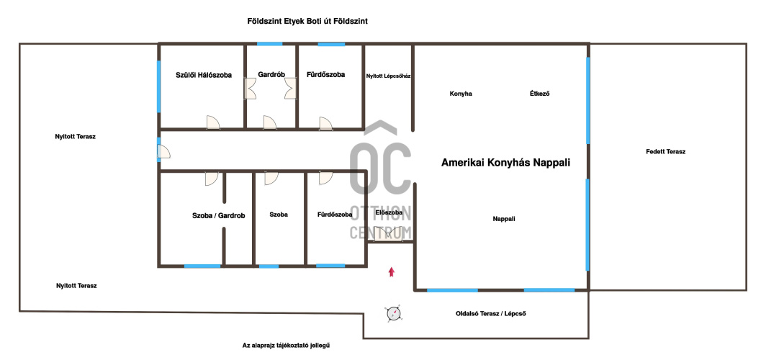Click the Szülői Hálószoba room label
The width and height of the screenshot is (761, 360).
[x=203, y=75]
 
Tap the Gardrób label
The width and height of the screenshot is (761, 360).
[x=271, y=75]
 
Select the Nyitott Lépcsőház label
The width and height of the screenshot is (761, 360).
[x=389, y=76]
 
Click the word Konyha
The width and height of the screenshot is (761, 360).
[x=461, y=94]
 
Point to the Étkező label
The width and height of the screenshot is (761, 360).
[x=539, y=94]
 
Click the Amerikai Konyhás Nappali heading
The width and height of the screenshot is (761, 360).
[x=505, y=163]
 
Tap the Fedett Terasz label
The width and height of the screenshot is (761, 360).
[x=665, y=151]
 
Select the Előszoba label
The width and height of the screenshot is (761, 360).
[x=389, y=212]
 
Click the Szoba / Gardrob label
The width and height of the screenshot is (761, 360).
[x=218, y=215]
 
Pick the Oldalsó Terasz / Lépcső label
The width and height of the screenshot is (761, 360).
[x=491, y=313]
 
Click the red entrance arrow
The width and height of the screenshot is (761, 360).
[x=391, y=271]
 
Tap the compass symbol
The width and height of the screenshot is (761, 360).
[x=393, y=313]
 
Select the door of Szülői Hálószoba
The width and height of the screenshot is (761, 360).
[x=213, y=122]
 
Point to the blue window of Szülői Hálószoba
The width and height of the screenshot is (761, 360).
[x=158, y=86]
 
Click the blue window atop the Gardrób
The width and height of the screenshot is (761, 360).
[x=269, y=44]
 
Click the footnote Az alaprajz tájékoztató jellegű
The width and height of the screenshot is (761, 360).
[x=289, y=346]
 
